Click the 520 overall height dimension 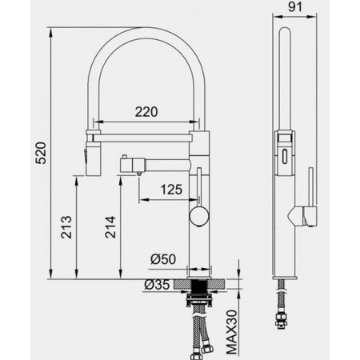point(42,153)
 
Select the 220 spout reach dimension point(146,112)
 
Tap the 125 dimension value point(171,190)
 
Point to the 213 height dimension point(66,227)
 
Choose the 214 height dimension point(110,227)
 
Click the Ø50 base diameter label point(163,259)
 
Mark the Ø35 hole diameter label point(157,285)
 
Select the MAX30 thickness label point(231,332)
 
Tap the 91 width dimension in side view point(295,7)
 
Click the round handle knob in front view point(199,216)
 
